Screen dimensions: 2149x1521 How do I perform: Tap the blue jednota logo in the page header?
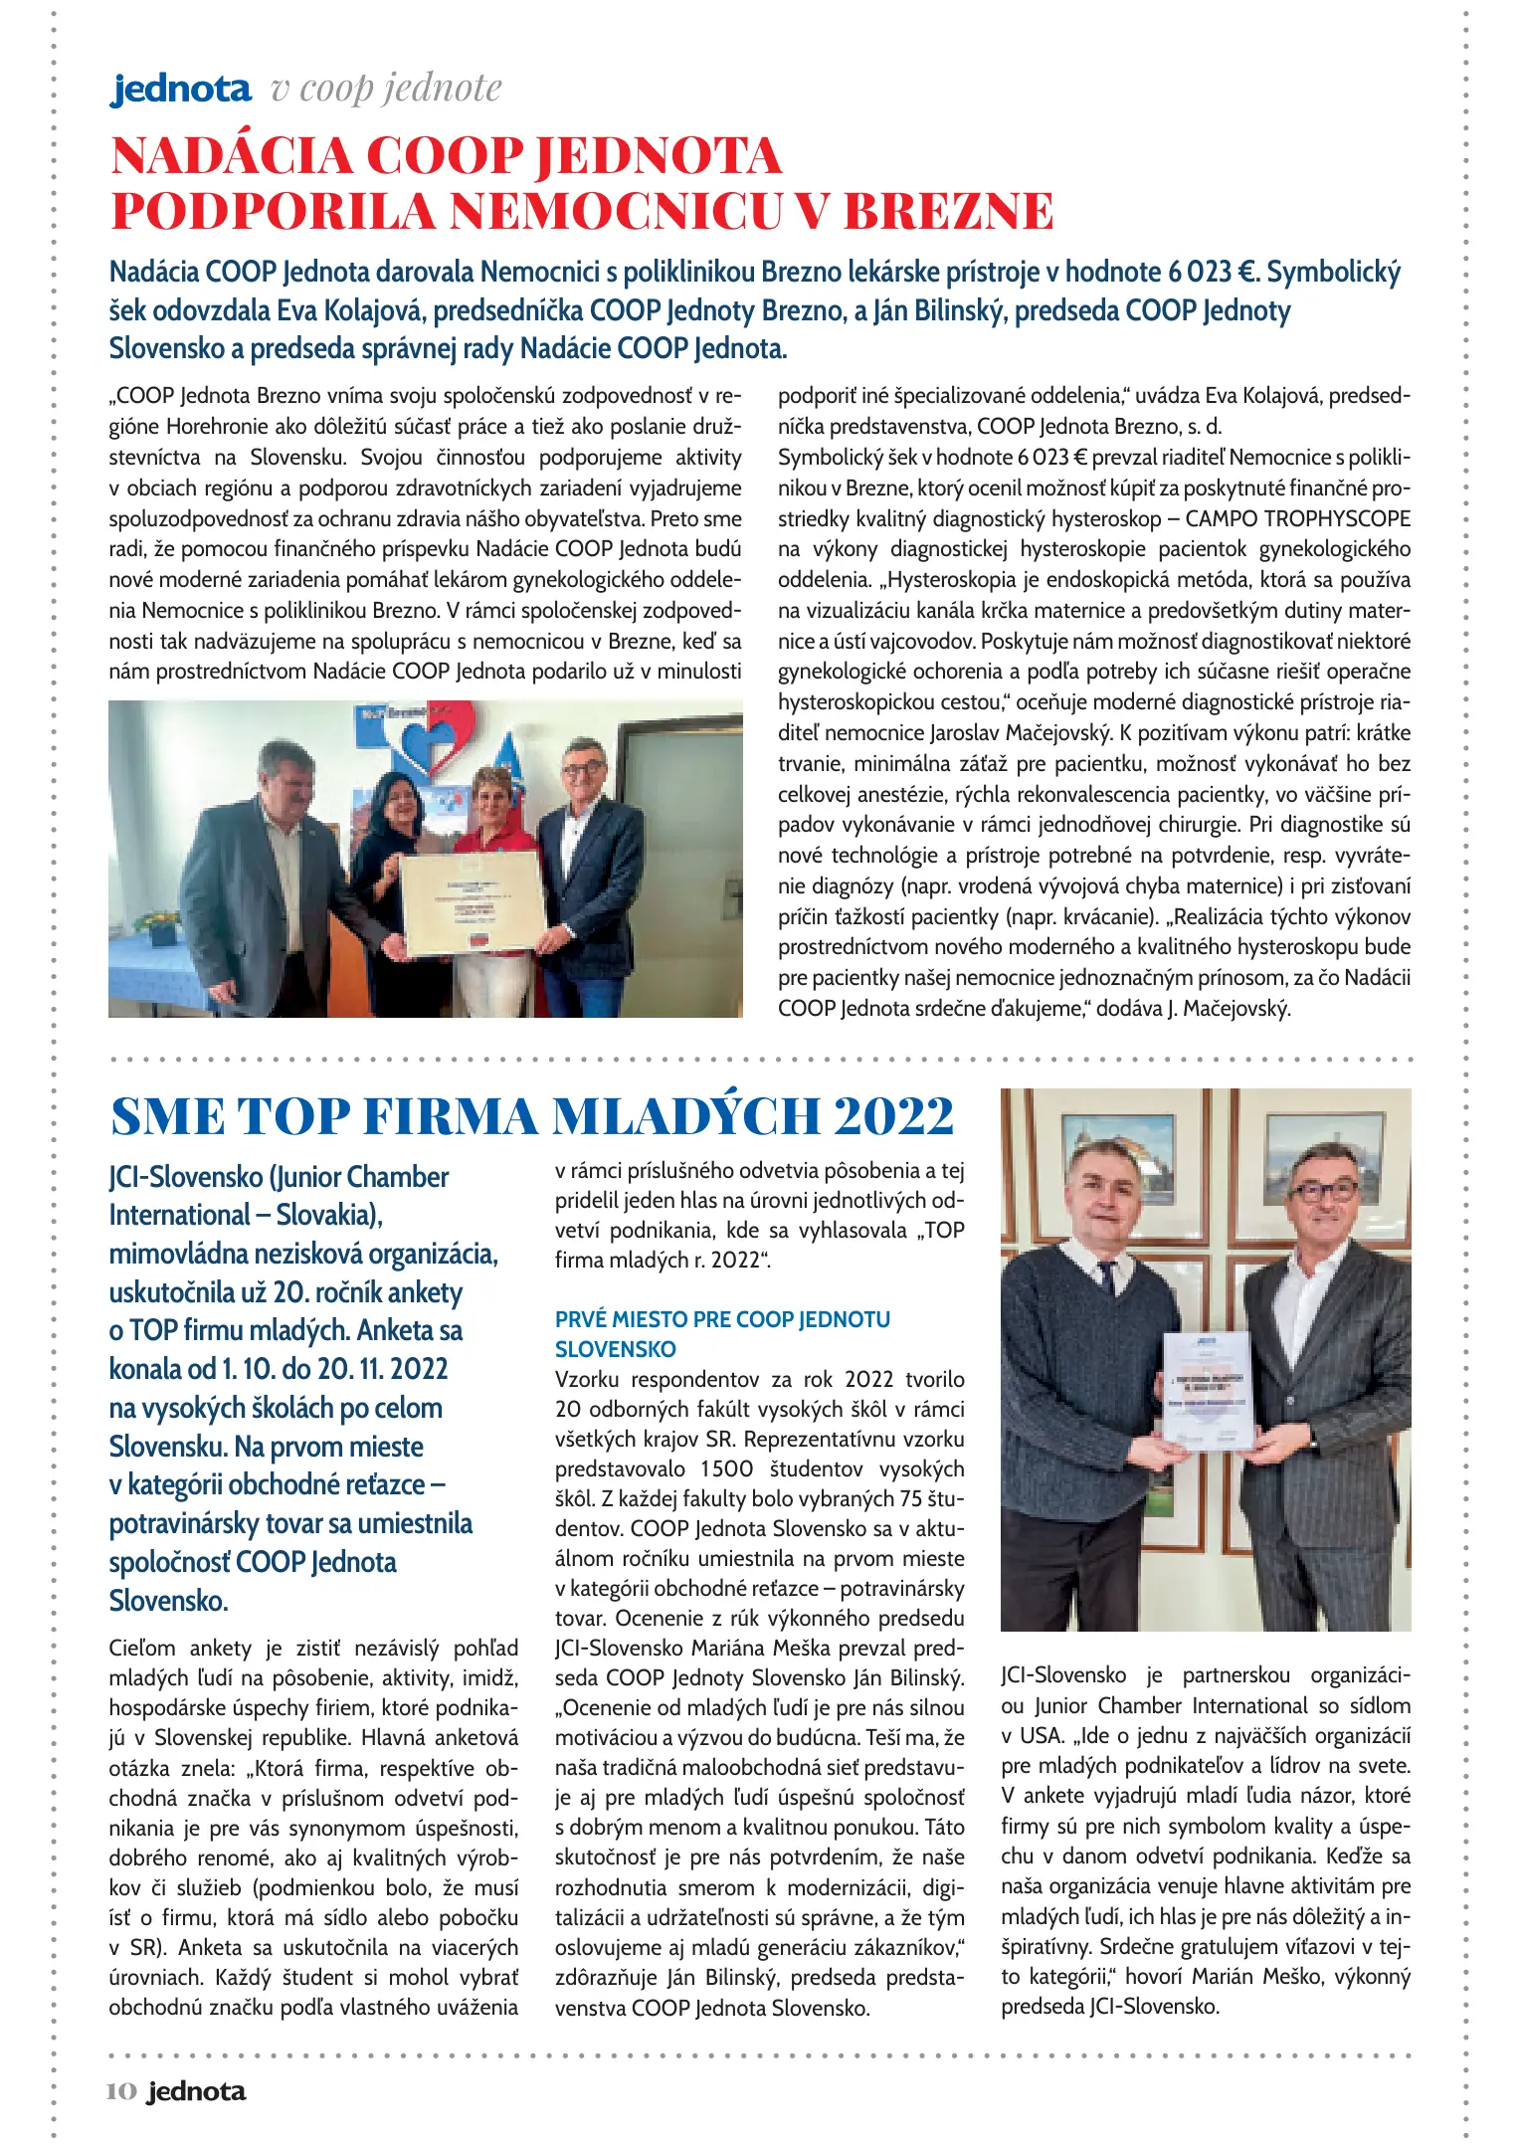(181, 90)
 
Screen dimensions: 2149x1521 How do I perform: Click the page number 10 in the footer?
(120, 2091)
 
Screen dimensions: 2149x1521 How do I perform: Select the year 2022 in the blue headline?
(893, 1116)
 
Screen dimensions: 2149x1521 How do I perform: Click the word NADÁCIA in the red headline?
(232, 156)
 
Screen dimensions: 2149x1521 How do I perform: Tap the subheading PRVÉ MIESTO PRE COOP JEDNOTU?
(722, 1319)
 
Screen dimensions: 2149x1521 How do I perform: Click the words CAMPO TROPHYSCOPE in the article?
(1297, 518)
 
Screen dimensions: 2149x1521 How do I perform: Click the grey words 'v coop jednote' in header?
(386, 89)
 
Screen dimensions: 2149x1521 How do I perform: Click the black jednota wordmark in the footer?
(196, 2091)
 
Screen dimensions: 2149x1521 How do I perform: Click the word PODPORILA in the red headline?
(273, 211)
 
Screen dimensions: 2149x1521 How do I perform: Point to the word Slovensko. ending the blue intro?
(168, 1601)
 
